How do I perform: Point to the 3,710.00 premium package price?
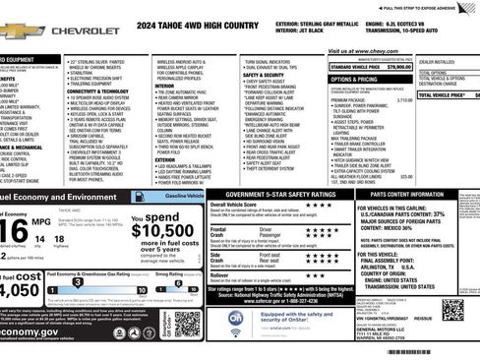[403, 100]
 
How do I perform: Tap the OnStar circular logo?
[237, 319]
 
